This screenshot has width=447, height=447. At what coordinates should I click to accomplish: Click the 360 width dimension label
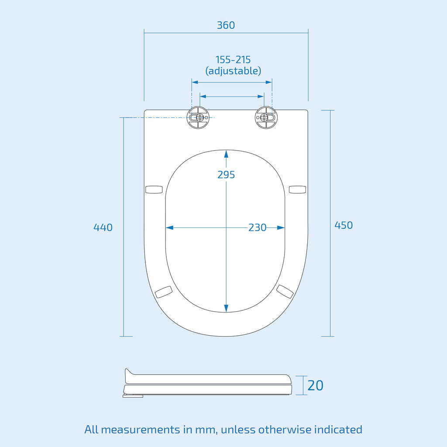(x=226, y=25)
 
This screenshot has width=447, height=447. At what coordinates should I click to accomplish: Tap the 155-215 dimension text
(x=233, y=59)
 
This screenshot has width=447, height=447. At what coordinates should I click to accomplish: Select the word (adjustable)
(x=233, y=71)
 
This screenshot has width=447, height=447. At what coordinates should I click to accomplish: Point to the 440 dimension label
(x=103, y=227)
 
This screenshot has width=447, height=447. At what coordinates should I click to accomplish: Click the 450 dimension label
(x=344, y=225)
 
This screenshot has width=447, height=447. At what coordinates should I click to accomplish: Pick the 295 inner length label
(x=226, y=175)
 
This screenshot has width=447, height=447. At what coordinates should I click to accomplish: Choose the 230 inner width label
(x=257, y=227)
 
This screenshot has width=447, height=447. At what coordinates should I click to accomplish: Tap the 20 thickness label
(x=315, y=385)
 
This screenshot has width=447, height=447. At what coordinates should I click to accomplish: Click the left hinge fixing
(x=198, y=117)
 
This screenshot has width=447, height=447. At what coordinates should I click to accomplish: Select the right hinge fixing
(x=266, y=117)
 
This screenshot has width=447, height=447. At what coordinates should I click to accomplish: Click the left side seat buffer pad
(x=154, y=189)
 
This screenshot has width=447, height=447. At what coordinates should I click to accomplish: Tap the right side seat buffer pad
(x=297, y=189)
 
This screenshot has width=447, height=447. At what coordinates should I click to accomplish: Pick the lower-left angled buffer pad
(x=164, y=292)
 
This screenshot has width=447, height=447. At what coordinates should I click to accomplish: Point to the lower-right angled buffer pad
(x=285, y=292)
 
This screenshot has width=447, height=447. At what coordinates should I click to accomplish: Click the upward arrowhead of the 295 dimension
(x=226, y=154)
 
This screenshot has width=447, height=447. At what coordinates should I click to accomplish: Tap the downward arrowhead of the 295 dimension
(x=226, y=308)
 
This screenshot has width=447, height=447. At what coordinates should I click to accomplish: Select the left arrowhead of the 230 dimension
(x=170, y=227)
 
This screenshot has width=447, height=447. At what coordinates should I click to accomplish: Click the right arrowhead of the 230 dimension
(x=281, y=227)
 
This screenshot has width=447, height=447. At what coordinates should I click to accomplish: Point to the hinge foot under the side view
(x=133, y=396)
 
